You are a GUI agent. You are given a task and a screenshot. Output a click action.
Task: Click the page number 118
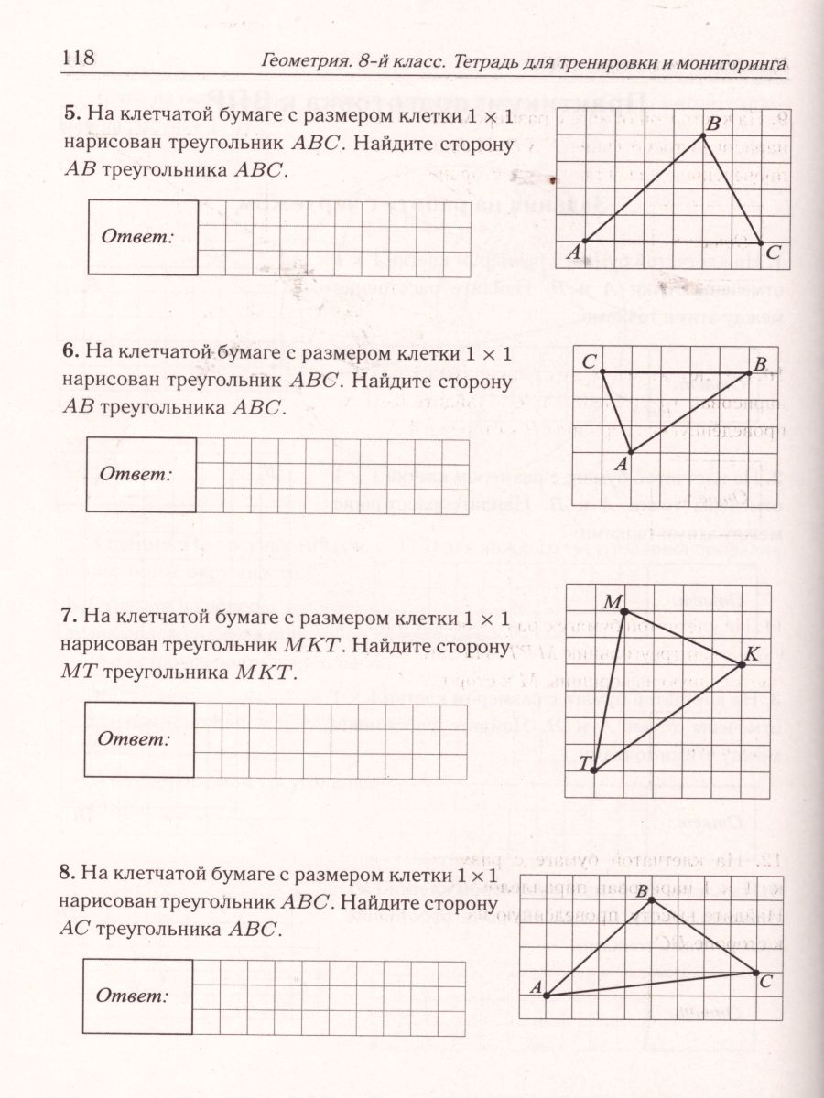click(78, 58)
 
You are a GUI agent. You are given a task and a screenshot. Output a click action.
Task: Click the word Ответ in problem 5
click(136, 236)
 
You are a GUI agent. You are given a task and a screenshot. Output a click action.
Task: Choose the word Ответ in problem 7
click(135, 738)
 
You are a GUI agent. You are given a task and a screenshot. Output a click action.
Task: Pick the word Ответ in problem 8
click(135, 996)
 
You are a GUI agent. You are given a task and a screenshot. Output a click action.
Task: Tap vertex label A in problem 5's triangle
click(572, 252)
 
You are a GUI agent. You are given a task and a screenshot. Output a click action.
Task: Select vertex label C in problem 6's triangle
click(590, 362)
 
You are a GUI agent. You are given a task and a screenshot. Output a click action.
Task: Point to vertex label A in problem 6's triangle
click(620, 465)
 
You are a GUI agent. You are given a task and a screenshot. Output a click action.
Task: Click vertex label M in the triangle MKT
click(613, 602)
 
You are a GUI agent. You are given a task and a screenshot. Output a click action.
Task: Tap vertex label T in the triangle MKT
click(583, 763)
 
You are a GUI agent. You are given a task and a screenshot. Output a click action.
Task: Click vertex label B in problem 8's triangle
click(642, 891)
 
